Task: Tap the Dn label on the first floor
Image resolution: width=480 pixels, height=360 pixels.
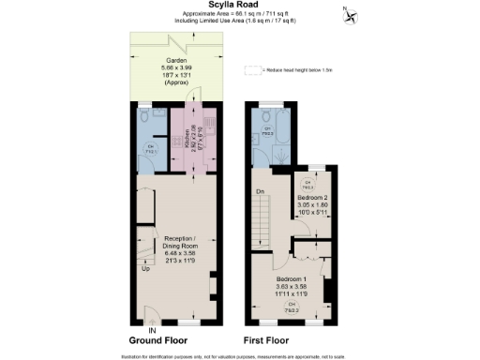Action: click(x=259, y=192)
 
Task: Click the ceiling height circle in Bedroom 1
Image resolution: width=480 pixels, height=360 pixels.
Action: click(x=292, y=307)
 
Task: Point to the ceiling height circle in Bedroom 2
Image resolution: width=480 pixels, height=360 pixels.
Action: click(x=307, y=186)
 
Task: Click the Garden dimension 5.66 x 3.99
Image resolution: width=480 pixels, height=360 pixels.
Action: click(x=176, y=67)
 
